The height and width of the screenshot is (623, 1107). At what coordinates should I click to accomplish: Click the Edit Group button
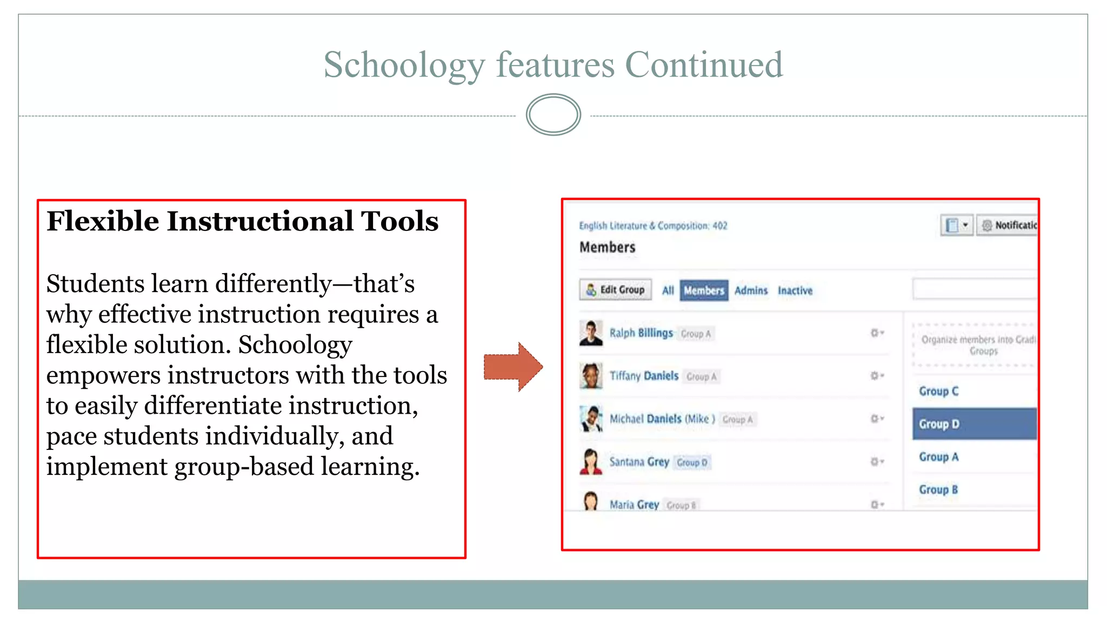615,290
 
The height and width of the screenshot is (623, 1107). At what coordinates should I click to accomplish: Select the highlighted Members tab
704,290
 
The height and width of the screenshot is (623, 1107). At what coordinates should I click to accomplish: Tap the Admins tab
751,290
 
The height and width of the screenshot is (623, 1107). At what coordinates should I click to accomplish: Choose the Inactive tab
795,290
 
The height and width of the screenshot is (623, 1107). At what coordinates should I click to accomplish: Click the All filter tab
668,290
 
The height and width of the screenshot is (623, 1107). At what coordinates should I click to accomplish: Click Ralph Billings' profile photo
591,333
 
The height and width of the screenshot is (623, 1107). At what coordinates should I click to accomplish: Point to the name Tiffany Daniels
644,376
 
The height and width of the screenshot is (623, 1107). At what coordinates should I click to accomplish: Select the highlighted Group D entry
975,424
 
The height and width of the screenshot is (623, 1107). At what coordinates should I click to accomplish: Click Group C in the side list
939,391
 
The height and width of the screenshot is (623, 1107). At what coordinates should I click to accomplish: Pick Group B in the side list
938,489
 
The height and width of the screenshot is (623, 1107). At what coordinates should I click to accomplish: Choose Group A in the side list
939,457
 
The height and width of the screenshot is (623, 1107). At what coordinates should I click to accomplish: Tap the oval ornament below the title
553,115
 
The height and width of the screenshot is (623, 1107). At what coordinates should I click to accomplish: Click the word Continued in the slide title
704,65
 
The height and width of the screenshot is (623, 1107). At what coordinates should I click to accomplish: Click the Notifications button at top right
1008,225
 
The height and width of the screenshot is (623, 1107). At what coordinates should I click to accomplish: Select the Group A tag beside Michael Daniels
737,419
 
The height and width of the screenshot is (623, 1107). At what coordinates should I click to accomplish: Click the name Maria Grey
634,505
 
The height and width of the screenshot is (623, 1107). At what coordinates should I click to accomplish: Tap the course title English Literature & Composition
653,226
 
